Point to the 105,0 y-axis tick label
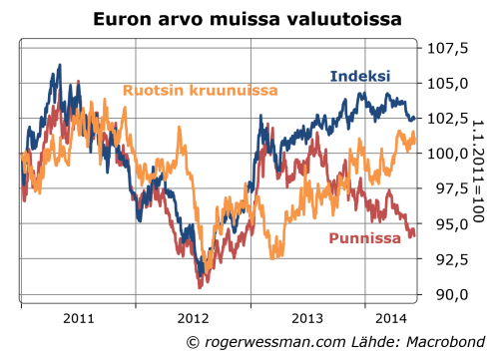[x=449, y=83]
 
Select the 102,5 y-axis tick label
[x=449, y=118]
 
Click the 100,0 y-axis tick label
[x=449, y=154]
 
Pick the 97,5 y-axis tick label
[x=449, y=188]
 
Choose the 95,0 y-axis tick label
[x=449, y=223]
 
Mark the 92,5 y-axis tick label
[x=449, y=259]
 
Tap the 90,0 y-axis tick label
[x=449, y=294]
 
